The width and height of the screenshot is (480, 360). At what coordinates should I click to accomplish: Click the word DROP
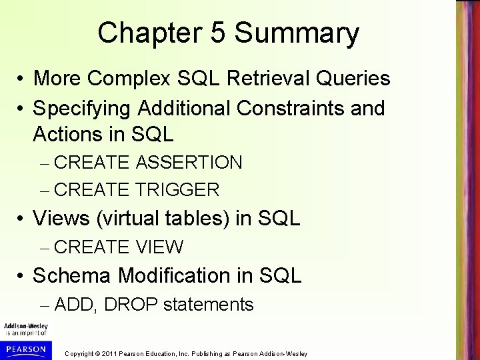(x=131, y=305)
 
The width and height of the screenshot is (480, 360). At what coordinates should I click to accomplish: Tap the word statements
(x=208, y=305)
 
